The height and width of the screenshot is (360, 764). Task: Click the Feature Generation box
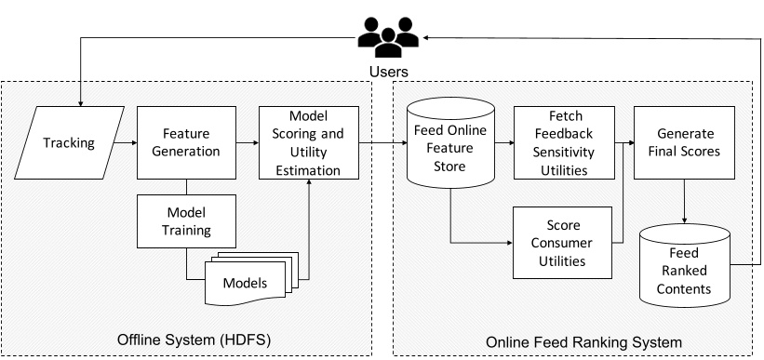[x=186, y=143]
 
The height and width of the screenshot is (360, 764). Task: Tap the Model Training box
[x=186, y=221]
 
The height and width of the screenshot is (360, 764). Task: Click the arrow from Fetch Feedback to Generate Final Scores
[x=623, y=143]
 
